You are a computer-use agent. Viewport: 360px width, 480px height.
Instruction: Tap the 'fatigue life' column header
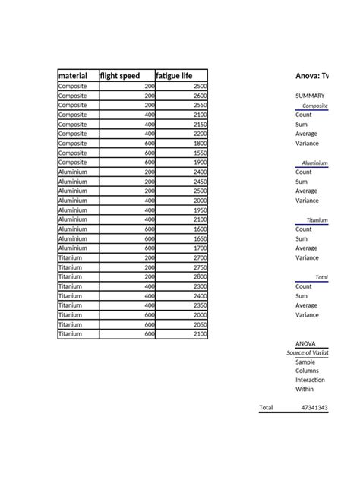click(x=174, y=76)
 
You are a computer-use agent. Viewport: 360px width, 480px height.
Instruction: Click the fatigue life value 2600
click(x=200, y=96)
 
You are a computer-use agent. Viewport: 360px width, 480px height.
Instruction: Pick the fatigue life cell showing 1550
click(x=200, y=153)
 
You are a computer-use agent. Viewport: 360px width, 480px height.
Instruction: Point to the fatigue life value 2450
click(x=200, y=182)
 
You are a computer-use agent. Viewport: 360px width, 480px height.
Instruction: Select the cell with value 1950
click(x=200, y=210)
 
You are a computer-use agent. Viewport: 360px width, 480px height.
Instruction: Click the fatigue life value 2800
click(x=200, y=276)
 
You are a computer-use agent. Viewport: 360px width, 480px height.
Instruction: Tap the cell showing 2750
click(x=200, y=267)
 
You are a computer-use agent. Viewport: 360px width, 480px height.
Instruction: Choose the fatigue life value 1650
click(x=200, y=238)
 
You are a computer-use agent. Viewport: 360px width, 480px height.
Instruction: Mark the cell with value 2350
click(x=200, y=305)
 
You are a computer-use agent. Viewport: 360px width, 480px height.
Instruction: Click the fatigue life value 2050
click(x=200, y=324)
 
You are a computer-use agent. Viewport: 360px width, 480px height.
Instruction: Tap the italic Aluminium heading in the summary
click(x=314, y=163)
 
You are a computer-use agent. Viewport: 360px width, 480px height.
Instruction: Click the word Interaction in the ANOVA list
click(x=310, y=380)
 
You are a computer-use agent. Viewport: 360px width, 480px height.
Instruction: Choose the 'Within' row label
click(x=304, y=390)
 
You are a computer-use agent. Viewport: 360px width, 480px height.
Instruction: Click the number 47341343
click(x=314, y=408)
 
